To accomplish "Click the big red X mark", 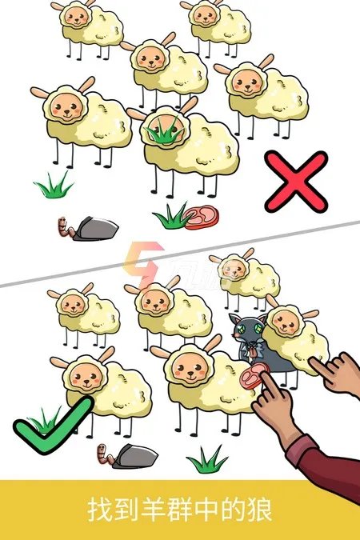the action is coord(296,182).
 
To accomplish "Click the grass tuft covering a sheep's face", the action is coord(164,131).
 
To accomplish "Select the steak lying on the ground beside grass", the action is coord(201,217).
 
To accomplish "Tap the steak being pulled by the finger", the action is coord(254,377).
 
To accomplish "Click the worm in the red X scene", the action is coord(65,227).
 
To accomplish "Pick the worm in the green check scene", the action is coord(106,455).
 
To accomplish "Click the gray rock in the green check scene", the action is coord(135,456).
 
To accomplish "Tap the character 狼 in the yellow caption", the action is coord(260,510).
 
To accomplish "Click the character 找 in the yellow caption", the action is coord(100,510).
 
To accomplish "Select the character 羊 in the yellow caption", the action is coord(154,510).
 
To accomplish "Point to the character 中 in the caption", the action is coord(206,510).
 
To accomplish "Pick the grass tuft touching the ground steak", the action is coord(171,217).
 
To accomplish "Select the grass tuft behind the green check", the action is coord(45,418).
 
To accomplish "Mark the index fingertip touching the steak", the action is coord(264,376).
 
